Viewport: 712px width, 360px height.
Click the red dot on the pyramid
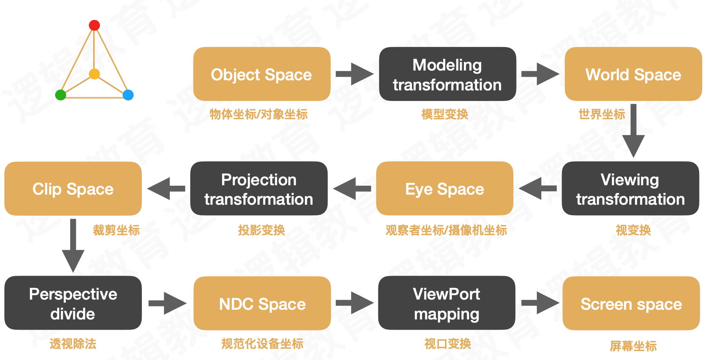click(x=94, y=26)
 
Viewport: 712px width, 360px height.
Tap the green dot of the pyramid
click(x=60, y=95)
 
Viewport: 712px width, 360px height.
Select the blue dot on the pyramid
click(x=128, y=95)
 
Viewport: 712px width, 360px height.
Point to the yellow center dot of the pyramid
click(x=94, y=74)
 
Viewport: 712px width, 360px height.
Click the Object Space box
click(x=262, y=74)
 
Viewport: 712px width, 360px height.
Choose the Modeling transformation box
click(x=447, y=74)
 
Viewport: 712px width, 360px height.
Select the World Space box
click(x=633, y=74)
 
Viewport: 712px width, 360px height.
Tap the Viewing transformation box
click(x=630, y=189)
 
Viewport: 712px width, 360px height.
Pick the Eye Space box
click(x=444, y=189)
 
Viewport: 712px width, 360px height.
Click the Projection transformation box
click(x=259, y=189)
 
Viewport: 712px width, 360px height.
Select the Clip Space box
click(x=73, y=189)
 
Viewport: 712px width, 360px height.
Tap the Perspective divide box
click(x=73, y=303)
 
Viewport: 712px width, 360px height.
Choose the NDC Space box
click(x=262, y=304)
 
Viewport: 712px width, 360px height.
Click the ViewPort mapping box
click(x=446, y=303)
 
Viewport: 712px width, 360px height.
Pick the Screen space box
click(x=631, y=304)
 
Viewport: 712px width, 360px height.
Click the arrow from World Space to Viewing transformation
click(x=633, y=131)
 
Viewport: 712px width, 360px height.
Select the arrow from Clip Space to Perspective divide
click(x=73, y=245)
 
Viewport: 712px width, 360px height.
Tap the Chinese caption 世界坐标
click(x=602, y=114)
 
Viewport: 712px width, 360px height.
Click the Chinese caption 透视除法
click(x=73, y=344)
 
